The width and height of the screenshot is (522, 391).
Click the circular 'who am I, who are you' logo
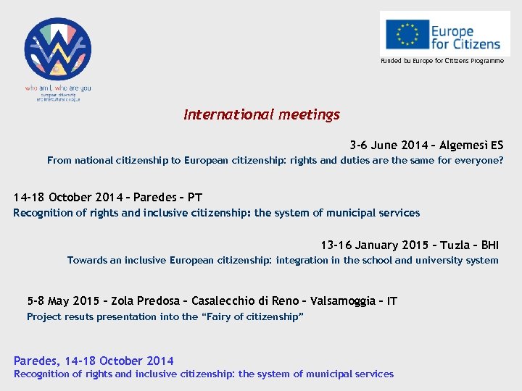coord(58,49)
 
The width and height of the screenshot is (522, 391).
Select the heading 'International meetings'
coord(261,114)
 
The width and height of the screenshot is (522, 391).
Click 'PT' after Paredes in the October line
coord(195,198)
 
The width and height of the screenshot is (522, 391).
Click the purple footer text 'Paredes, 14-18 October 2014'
coord(94,361)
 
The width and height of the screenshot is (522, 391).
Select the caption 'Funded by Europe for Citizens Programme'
coord(442,61)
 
